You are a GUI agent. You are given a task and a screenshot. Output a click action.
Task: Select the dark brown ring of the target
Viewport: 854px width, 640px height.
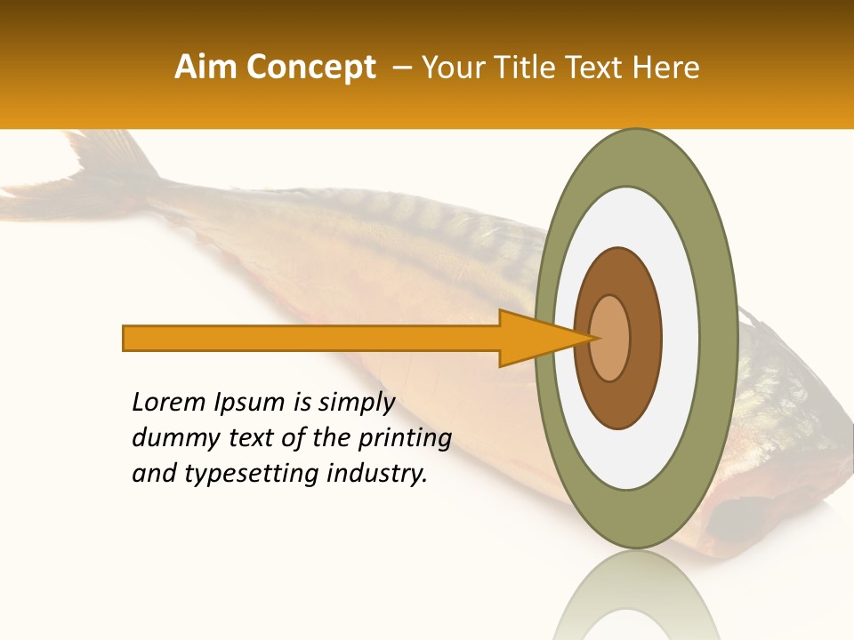coord(646,338)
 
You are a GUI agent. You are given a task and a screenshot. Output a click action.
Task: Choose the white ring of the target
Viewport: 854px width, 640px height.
coord(680,338)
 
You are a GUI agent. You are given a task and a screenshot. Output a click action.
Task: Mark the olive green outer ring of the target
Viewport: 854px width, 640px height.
coord(717,338)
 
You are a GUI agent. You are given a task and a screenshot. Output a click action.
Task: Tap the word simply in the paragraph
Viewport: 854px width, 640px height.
coord(356,403)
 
